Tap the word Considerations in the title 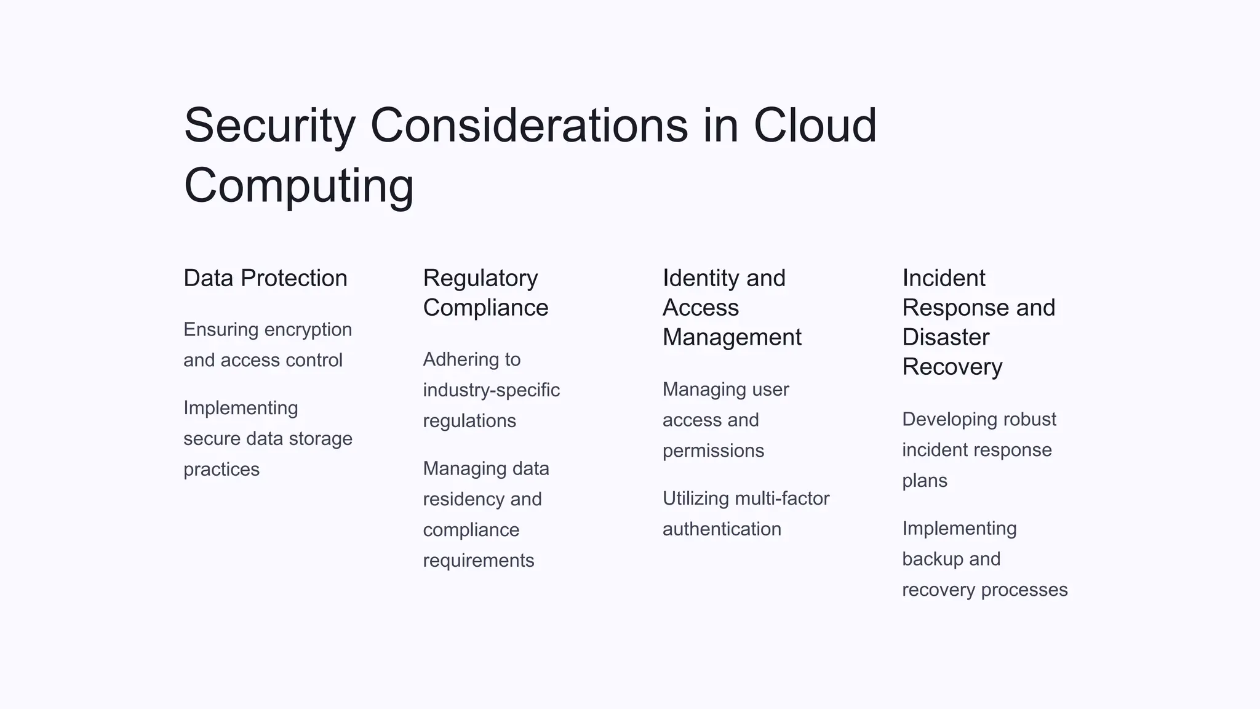click(x=529, y=126)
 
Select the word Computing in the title click(x=299, y=186)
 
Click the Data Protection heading click(x=265, y=278)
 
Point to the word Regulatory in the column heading click(x=480, y=279)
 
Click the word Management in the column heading click(x=732, y=337)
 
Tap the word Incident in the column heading click(x=944, y=278)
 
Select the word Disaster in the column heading click(x=946, y=337)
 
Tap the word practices click(x=221, y=470)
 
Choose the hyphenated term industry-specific click(x=491, y=390)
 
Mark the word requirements click(x=478, y=561)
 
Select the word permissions click(x=713, y=451)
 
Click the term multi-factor click(x=782, y=499)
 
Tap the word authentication click(x=722, y=529)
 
